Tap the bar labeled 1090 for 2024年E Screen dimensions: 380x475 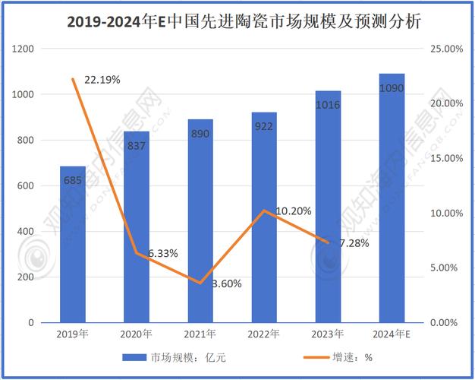tap(392, 198)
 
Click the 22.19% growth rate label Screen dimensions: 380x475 tap(102, 79)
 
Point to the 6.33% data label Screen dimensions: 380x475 tap(163, 253)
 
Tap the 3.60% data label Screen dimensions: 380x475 tap(226, 283)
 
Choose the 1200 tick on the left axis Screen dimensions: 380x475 tap(26, 49)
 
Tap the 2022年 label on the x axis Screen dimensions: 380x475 tap(264, 334)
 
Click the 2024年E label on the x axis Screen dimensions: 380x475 tap(392, 334)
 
